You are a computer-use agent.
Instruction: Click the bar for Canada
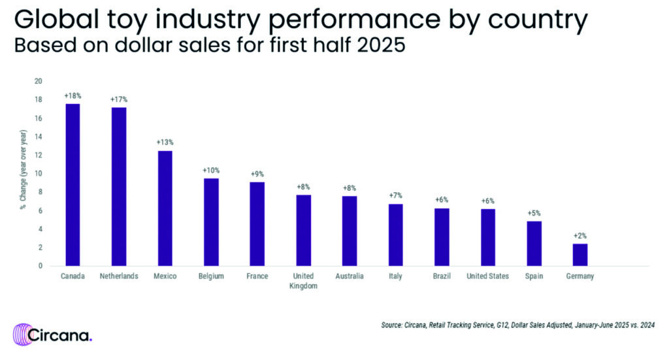coord(72,185)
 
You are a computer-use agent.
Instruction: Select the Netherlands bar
coord(118,186)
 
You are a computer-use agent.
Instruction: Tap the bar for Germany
coord(580,255)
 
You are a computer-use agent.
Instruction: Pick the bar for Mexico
coord(165,208)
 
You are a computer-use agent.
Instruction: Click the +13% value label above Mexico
coord(165,142)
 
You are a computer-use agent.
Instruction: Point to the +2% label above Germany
coord(580,235)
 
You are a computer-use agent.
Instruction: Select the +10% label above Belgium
coord(211,170)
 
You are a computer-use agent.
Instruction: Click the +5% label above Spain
coord(534,213)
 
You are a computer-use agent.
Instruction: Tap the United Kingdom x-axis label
coord(304,281)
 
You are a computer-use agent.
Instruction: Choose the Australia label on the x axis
coord(350,276)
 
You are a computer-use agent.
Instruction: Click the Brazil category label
coord(442,276)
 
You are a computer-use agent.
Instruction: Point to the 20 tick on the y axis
coord(38,81)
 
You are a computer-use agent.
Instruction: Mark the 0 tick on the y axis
coord(40,266)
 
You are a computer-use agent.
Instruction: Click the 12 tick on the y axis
coord(38,155)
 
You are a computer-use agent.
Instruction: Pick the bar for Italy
coord(395,235)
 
